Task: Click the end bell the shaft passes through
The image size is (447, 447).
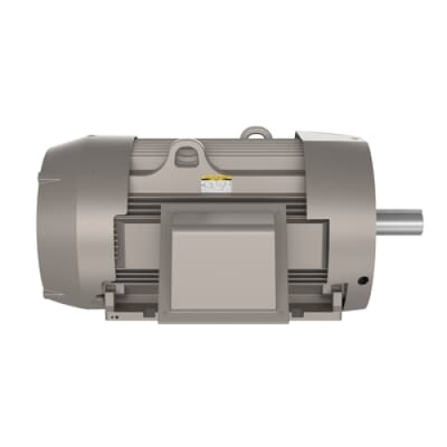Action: [344, 223]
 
